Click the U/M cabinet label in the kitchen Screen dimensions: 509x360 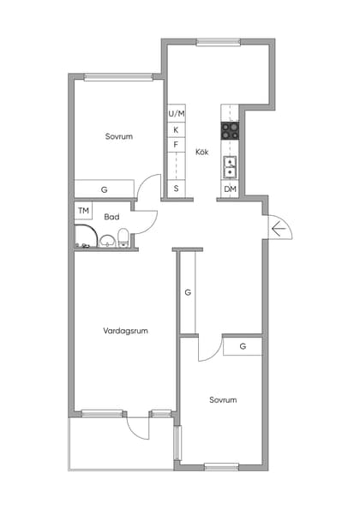[177, 113]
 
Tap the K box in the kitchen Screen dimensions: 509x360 [177, 129]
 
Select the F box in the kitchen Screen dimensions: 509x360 [177, 145]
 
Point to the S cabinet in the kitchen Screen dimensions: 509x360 [177, 189]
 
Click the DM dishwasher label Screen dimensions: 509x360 [230, 189]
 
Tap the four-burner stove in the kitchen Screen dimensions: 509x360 [230, 130]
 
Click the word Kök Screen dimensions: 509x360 [202, 152]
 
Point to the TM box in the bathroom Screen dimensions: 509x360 [83, 211]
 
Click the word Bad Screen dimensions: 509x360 [111, 217]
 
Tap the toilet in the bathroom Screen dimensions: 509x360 [124, 237]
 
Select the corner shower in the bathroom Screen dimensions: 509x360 [86, 237]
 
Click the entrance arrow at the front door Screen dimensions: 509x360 [278, 228]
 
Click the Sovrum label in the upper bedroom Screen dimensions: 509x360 [119, 135]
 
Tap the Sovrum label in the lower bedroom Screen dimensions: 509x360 [223, 399]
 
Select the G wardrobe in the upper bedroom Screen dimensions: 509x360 [104, 189]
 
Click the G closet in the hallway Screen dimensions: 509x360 [188, 292]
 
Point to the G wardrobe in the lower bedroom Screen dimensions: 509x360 [243, 346]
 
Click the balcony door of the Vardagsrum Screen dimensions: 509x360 [138, 416]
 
